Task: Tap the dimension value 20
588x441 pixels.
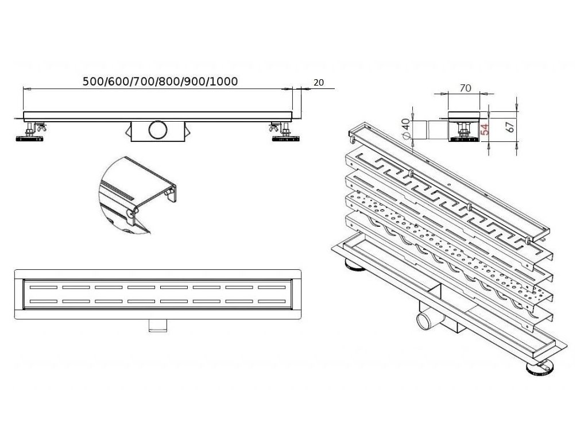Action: (319, 83)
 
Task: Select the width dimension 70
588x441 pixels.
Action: (466, 88)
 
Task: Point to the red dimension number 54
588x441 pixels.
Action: (484, 129)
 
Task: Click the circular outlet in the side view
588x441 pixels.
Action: (157, 130)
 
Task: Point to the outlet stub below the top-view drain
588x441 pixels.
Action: (156, 325)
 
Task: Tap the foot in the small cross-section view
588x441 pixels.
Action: (465, 136)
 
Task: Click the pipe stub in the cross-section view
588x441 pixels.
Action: (428, 130)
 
